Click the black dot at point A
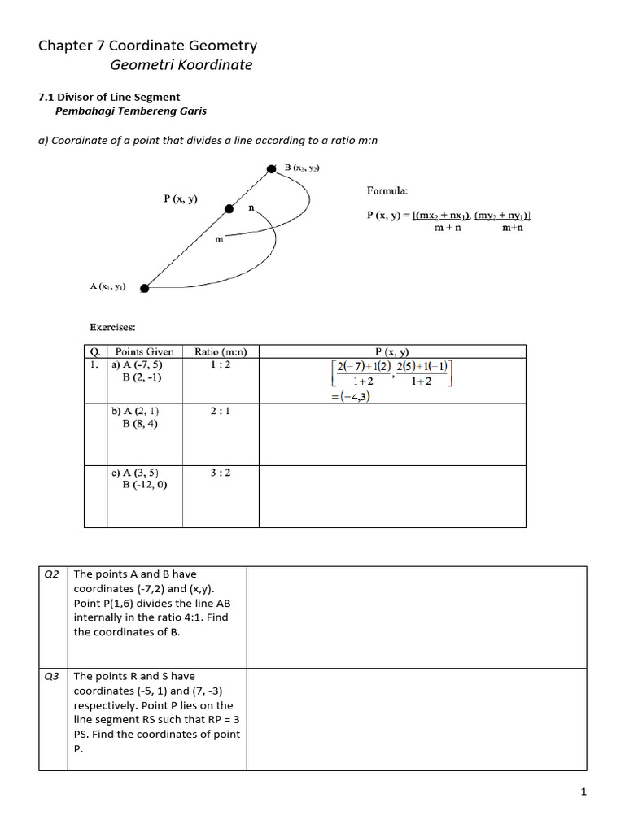click(144, 287)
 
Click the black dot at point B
click(272, 169)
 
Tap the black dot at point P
click(230, 209)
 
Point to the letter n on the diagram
click(251, 208)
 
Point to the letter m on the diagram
click(219, 238)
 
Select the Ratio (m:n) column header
click(221, 352)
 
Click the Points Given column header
click(144, 352)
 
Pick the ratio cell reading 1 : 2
click(221, 365)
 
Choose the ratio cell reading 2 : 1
click(221, 412)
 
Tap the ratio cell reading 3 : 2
click(221, 472)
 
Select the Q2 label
click(51, 574)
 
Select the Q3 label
click(51, 676)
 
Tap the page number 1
click(583, 793)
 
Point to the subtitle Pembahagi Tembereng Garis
click(130, 111)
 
